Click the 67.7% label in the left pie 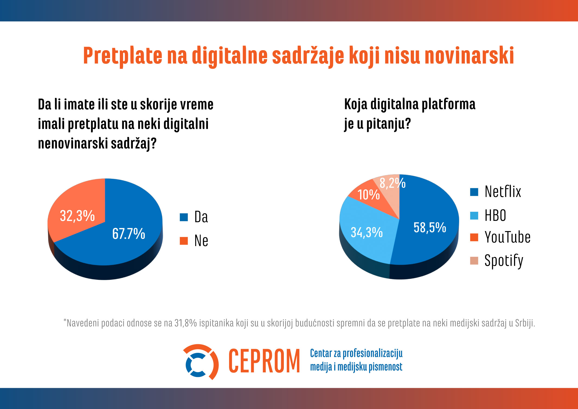coord(129,234)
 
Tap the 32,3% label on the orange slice coord(77,216)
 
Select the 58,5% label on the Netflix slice coord(430,228)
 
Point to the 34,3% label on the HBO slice coord(367,232)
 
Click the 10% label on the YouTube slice coord(368,195)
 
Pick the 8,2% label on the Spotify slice coord(392,183)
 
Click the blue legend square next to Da coord(184,217)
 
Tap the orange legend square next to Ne coord(184,241)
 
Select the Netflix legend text coord(503,191)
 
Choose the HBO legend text coord(495,216)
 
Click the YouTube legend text coord(507,237)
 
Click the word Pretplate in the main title coord(123,56)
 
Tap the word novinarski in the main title coord(469,56)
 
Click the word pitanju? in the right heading coord(388,124)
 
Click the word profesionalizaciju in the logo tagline coord(373,353)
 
